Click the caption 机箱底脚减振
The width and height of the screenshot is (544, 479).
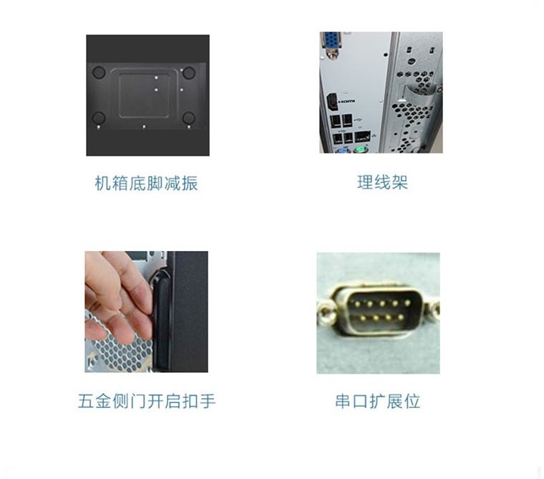pos(146,184)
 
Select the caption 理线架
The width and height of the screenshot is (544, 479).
pos(382,182)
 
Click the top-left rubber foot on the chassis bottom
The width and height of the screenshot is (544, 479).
pos(99,72)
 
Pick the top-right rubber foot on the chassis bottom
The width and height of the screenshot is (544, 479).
pos(188,72)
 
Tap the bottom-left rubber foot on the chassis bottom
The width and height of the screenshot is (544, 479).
pos(99,118)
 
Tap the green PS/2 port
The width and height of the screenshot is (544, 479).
pos(361,150)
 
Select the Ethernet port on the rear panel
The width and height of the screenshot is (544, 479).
pos(363,136)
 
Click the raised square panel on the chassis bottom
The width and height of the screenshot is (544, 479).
pos(145,93)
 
